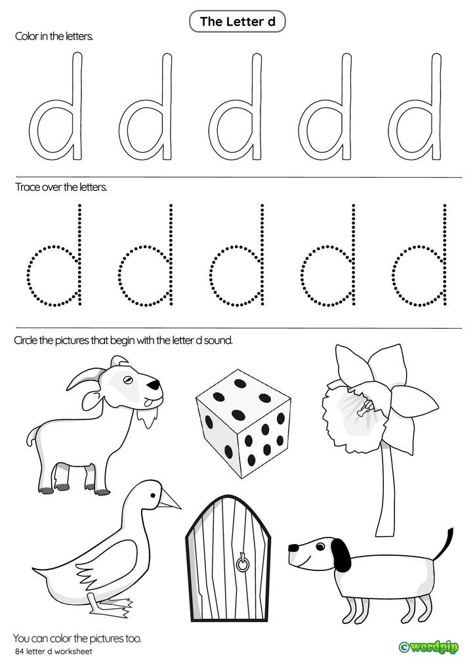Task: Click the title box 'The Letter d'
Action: point(237,21)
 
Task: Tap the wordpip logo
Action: point(428,646)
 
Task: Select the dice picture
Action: point(243,424)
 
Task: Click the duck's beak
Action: point(170,499)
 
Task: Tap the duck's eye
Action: point(152,495)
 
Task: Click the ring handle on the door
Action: point(243,564)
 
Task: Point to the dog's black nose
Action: point(293,548)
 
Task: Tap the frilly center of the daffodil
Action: point(355,416)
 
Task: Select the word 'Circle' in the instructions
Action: point(27,341)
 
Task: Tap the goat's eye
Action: point(127,379)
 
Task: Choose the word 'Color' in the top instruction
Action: point(26,37)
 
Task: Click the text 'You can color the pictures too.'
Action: point(77,639)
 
